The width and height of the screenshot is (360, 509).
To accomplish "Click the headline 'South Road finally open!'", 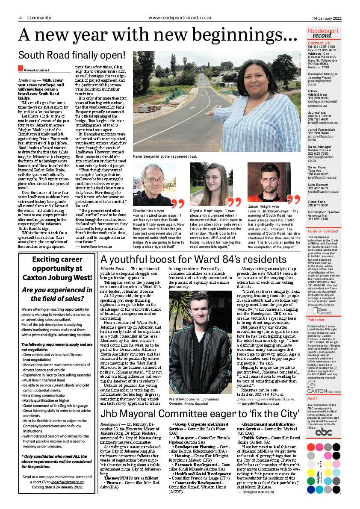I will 71,55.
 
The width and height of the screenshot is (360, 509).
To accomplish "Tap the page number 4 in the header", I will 20,18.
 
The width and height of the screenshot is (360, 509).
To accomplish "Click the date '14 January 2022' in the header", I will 327,18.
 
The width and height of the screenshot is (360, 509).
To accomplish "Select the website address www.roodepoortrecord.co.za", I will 180,18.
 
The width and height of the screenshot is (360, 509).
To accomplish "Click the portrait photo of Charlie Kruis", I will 154,184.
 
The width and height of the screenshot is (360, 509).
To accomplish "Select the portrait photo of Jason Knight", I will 269,182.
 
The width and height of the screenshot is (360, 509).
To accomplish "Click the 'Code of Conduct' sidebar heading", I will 323,231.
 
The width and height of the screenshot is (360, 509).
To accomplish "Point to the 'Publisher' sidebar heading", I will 316,319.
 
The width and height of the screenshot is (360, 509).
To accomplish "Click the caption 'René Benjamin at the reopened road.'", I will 165,157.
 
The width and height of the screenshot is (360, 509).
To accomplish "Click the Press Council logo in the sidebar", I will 320,310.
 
